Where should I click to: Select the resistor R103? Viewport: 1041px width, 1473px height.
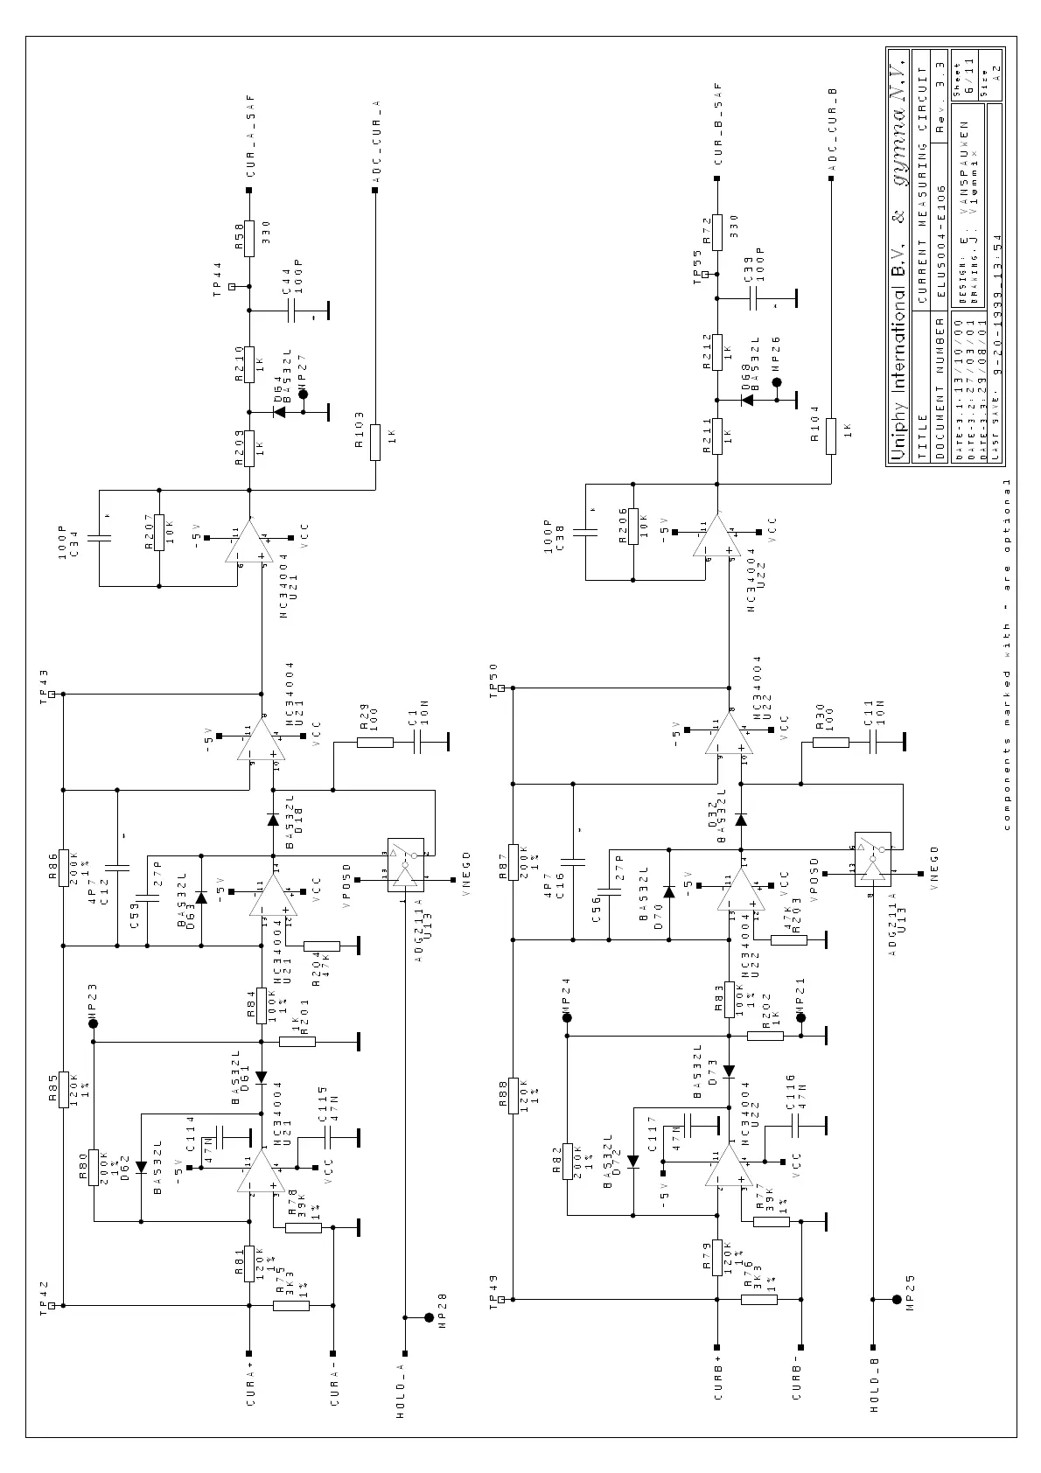click(x=375, y=442)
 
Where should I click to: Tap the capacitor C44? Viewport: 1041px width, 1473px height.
click(x=293, y=311)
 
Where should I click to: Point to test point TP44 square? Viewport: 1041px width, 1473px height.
click(x=232, y=286)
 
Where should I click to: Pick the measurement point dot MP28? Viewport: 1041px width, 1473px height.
click(x=429, y=1316)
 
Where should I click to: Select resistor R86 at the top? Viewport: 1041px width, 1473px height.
click(x=63, y=869)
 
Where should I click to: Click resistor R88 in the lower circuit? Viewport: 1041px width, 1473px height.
click(x=513, y=1095)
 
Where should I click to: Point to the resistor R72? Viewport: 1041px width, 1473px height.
click(x=717, y=232)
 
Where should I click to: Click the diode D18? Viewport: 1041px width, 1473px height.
click(x=272, y=820)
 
